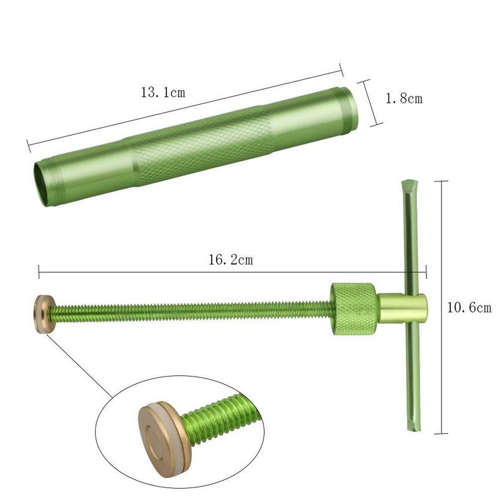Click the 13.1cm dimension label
pyautogui.click(x=163, y=92)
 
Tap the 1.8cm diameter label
pyautogui.click(x=404, y=98)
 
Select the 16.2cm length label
pyautogui.click(x=231, y=260)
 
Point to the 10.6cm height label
pyautogui.click(x=469, y=308)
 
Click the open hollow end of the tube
pyautogui.click(x=42, y=184)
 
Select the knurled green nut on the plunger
pyautogui.click(x=354, y=308)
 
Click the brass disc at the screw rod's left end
pyautogui.click(x=44, y=314)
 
